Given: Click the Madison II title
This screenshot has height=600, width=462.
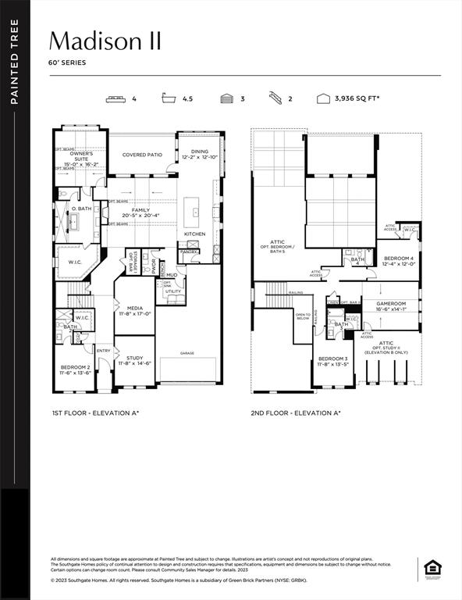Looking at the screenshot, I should click(105, 41).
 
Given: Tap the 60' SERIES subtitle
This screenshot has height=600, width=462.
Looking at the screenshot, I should click(68, 62).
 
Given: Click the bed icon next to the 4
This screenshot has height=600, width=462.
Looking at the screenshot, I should click(116, 99).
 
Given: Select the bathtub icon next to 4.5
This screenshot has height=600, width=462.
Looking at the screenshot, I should click(168, 99).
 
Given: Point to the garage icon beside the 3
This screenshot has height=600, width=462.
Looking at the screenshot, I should click(226, 99).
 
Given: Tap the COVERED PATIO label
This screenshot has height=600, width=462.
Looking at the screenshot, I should click(142, 155).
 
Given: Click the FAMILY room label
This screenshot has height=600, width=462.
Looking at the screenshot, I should click(140, 211).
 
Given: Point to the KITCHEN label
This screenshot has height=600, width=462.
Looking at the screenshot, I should click(194, 234).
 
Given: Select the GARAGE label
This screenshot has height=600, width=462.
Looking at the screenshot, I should click(187, 353).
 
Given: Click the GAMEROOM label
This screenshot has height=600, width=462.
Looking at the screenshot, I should click(391, 303).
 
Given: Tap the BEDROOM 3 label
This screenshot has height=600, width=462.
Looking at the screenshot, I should click(332, 360).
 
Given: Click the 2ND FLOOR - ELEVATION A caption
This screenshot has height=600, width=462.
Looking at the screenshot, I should click(296, 412).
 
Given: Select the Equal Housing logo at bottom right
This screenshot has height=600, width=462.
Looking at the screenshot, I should click(432, 567).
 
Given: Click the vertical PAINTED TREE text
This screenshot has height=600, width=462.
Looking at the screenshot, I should click(15, 62).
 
